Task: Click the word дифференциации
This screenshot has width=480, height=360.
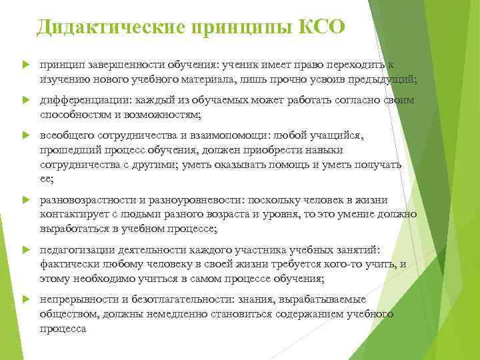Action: click(81, 101)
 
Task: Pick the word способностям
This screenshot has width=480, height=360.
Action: click(74, 115)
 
